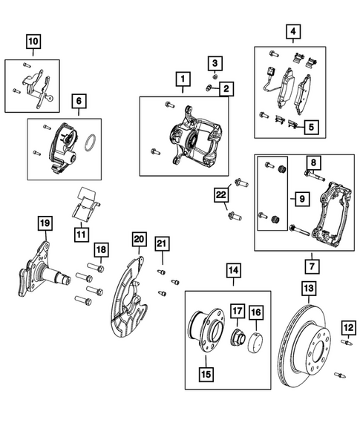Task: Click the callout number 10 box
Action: tap(33, 42)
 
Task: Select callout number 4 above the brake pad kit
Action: tap(294, 31)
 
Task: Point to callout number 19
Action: tap(44, 223)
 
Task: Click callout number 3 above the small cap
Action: tap(212, 62)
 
